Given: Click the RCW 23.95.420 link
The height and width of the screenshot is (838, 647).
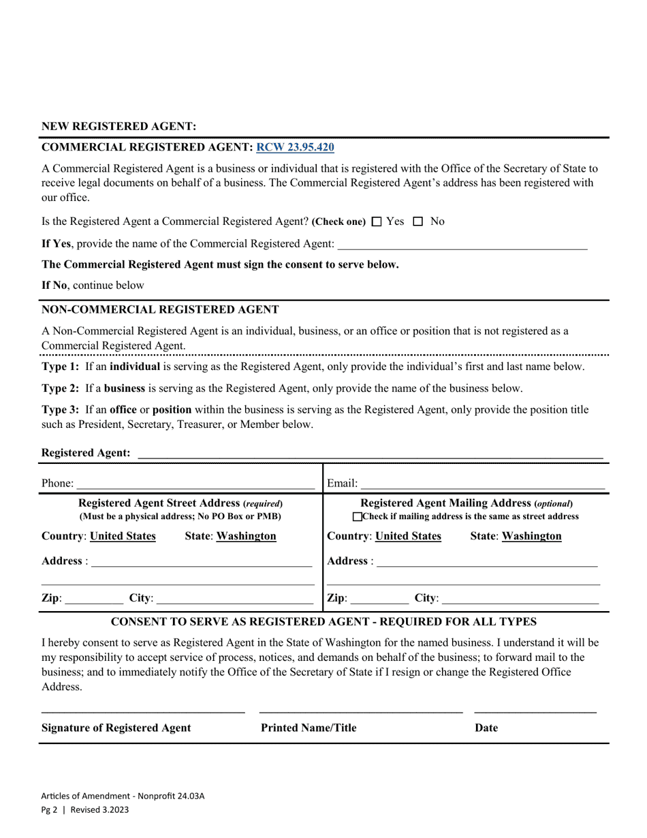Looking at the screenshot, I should point(295,147).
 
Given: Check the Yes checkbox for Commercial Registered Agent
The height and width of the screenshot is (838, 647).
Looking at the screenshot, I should point(377,221).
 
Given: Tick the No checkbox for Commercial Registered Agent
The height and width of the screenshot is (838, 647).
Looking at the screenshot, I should point(418,221).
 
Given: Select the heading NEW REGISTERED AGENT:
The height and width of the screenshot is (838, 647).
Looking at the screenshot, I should point(119,127).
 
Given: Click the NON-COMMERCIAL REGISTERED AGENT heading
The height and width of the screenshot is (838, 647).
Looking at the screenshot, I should point(160,309).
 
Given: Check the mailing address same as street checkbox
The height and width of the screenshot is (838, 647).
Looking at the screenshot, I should point(358,517).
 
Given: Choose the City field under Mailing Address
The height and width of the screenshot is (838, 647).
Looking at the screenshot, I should point(520,600).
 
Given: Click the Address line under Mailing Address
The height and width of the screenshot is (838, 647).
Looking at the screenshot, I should point(486,562).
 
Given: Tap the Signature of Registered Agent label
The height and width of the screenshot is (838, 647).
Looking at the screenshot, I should point(116,728).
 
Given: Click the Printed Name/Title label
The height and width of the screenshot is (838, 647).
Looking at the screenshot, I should point(309,728).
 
